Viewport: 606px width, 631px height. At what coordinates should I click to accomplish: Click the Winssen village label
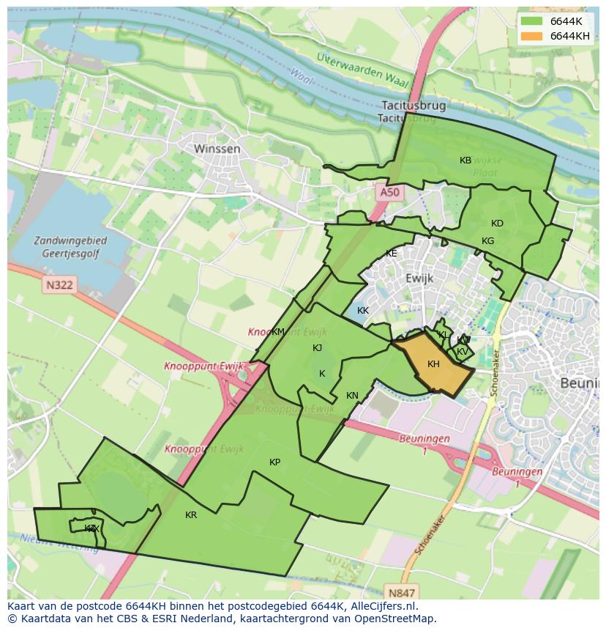217,149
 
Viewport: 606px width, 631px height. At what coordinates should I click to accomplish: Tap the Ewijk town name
419,278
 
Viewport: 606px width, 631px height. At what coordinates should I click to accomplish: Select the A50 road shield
389,192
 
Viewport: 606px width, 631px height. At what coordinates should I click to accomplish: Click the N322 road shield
59,284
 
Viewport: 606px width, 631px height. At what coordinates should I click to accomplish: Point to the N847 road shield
402,593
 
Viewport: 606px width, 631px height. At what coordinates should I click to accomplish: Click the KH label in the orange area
433,364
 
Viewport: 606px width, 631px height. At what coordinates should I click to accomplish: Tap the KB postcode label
465,160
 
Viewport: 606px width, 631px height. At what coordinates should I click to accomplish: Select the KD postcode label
497,224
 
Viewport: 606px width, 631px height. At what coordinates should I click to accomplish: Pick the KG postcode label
487,241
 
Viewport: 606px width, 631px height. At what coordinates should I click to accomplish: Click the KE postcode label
392,254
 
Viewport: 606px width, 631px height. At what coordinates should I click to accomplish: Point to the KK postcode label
363,311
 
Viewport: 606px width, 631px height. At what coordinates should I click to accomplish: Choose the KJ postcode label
317,348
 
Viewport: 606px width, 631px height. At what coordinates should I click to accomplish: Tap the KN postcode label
352,396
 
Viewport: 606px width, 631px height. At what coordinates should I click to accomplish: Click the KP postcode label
274,462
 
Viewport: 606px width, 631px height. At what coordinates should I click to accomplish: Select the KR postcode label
191,515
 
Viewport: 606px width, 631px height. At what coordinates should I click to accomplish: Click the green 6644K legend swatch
532,21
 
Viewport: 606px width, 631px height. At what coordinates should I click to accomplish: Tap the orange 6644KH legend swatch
532,36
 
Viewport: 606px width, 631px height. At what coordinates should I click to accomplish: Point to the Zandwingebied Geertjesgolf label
70,247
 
